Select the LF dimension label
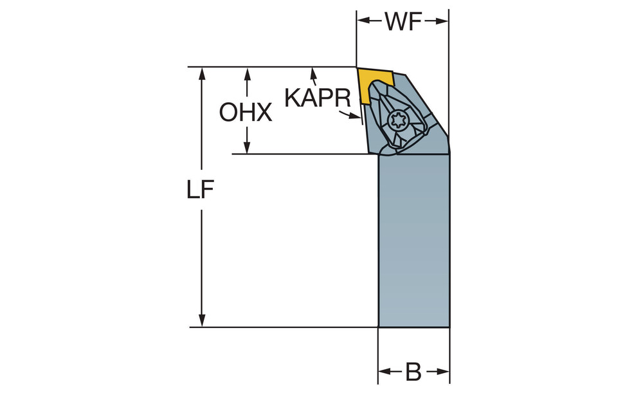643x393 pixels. (201, 190)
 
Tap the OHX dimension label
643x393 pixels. (246, 113)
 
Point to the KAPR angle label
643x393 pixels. (318, 98)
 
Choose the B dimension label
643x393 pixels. (413, 372)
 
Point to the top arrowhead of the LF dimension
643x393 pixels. (201, 74)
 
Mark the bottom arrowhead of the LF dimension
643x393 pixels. (201, 320)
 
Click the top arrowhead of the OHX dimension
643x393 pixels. (247, 74)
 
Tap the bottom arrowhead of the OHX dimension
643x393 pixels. (247, 147)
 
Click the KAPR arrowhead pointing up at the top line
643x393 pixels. (314, 74)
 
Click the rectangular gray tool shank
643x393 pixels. (413, 241)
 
